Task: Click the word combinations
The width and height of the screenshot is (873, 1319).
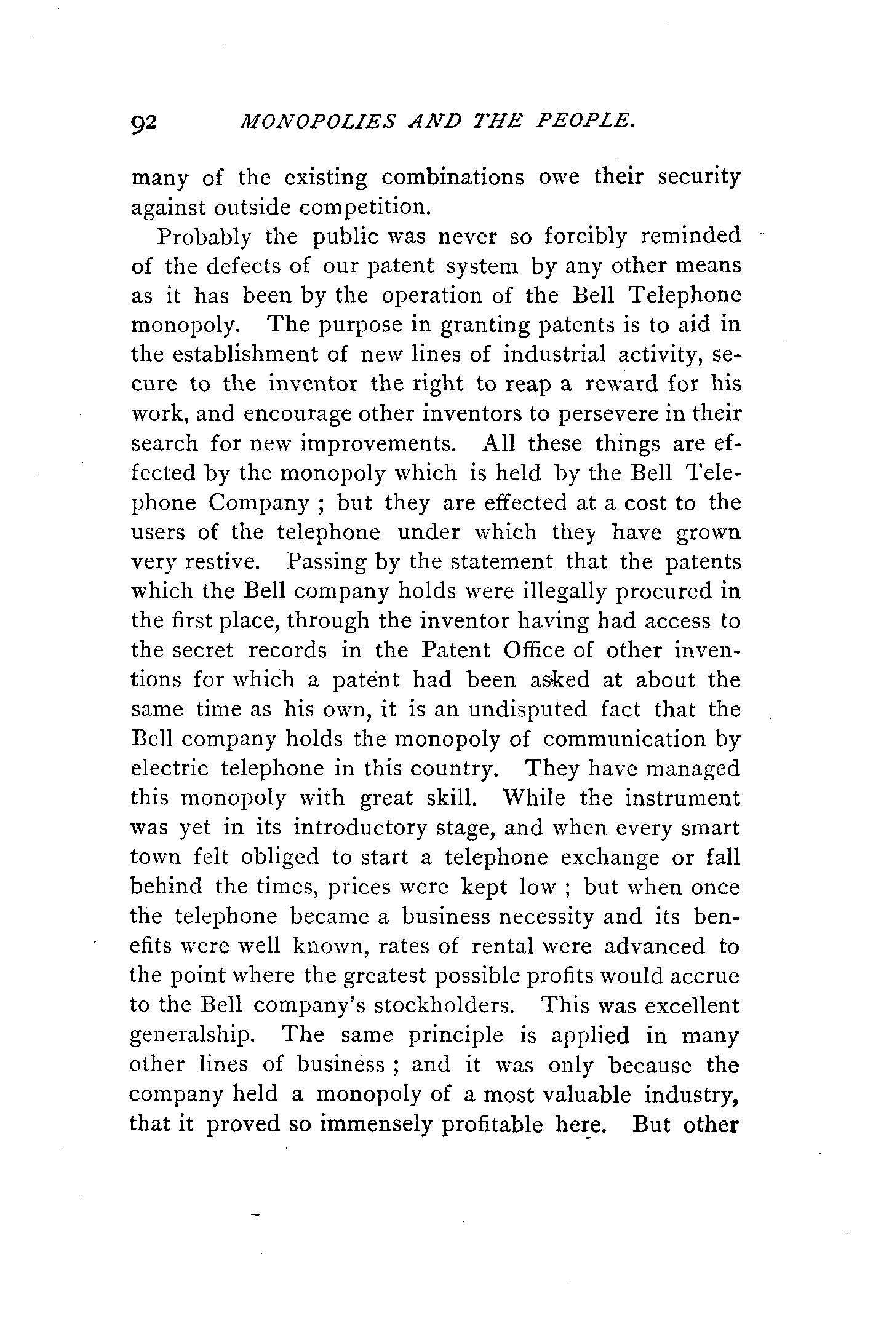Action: coord(453,177)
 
